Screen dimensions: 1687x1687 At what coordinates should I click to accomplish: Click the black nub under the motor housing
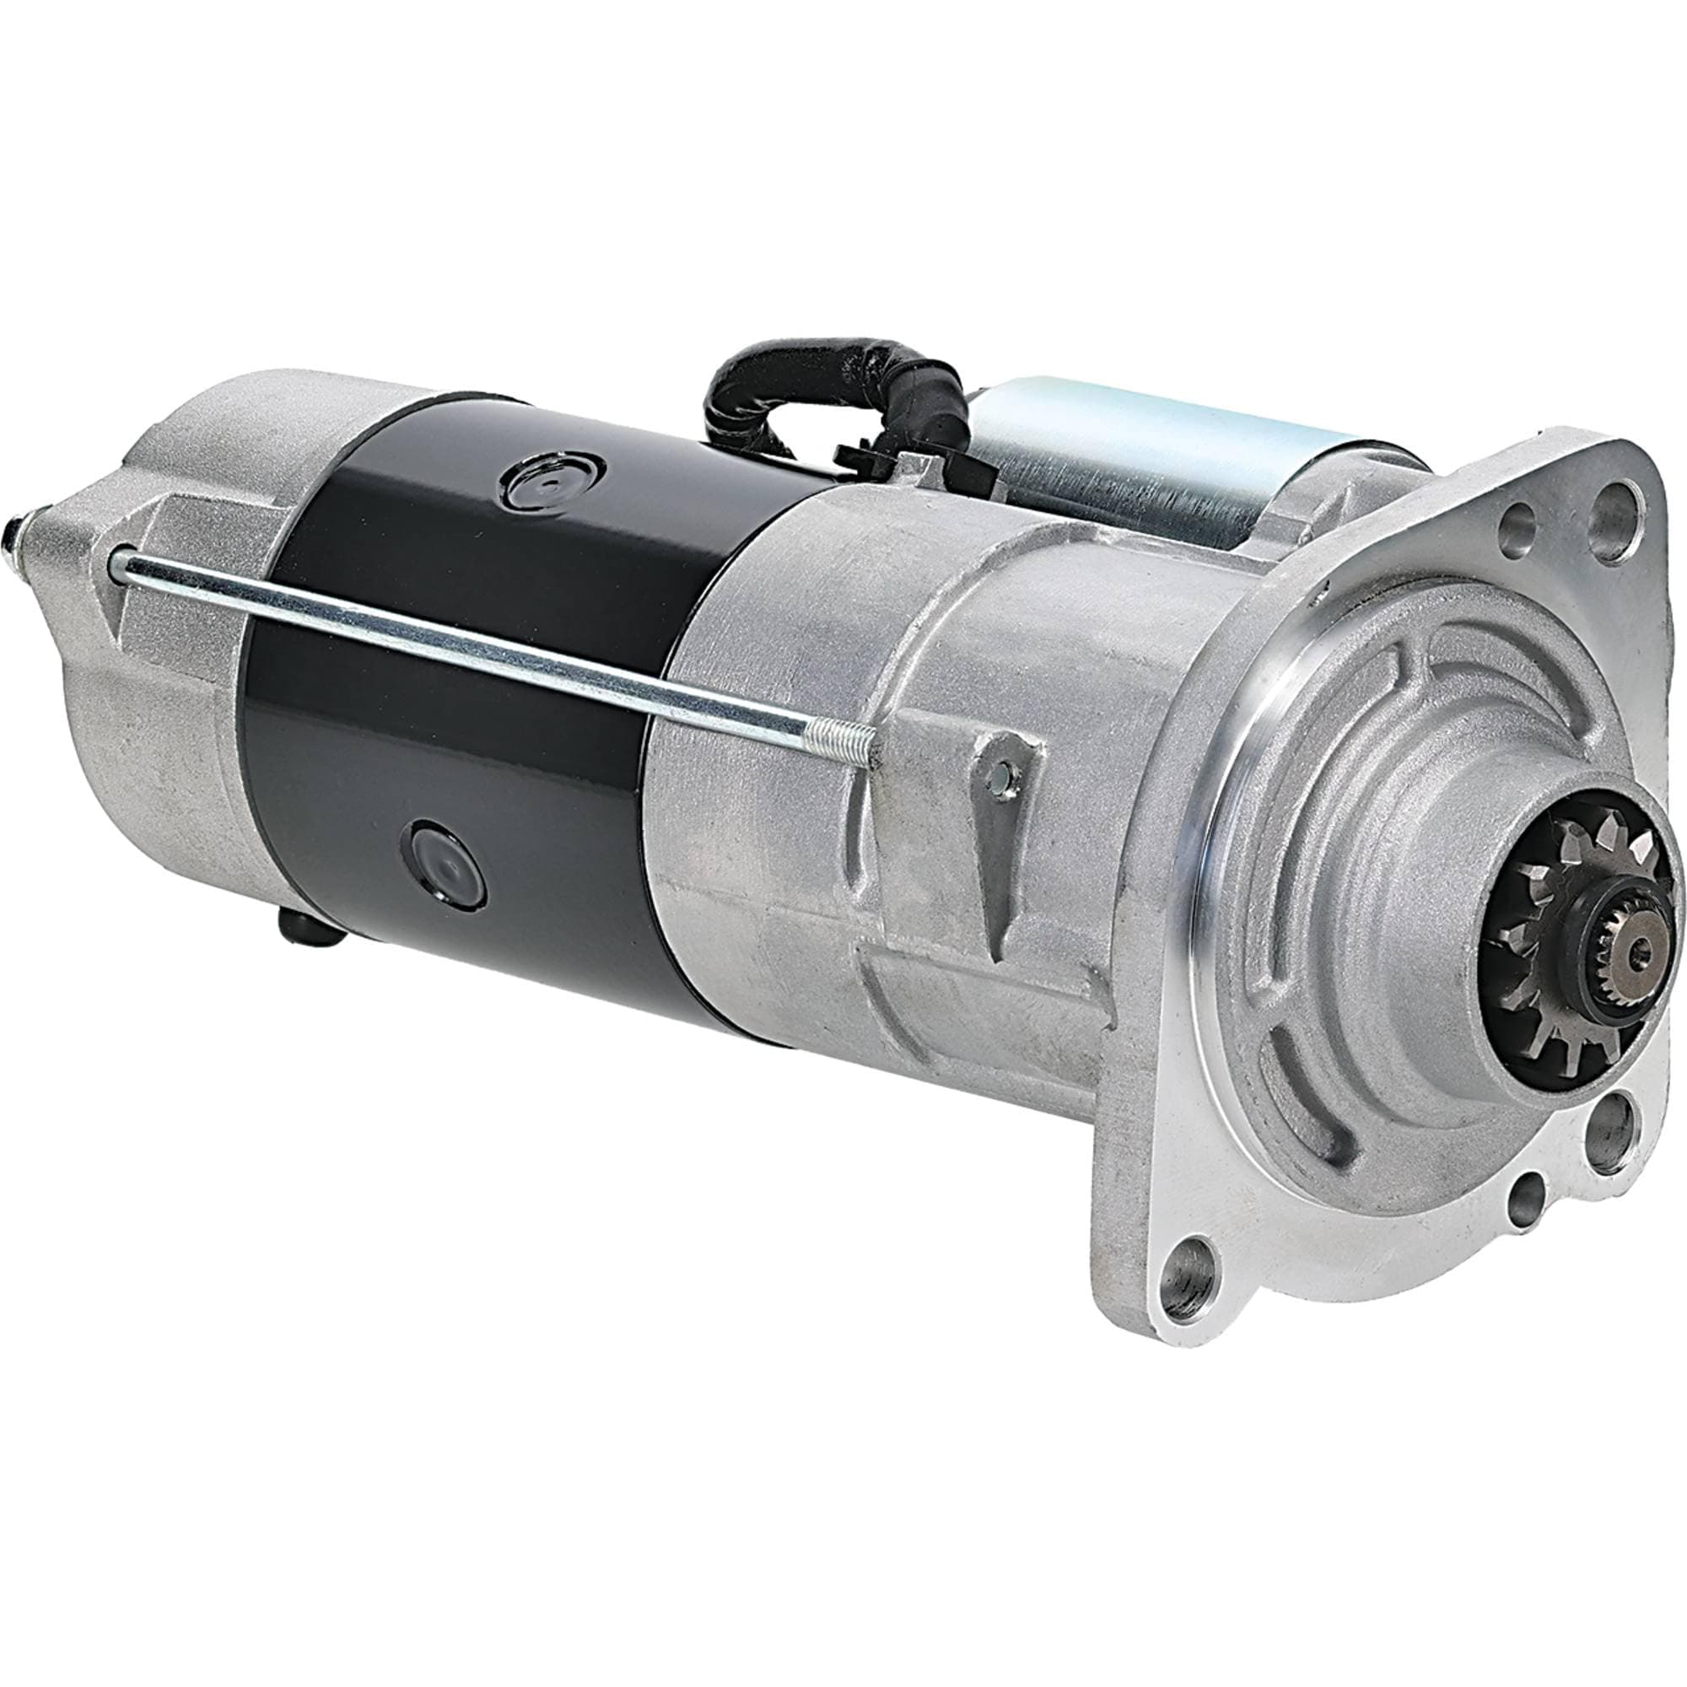pos(307,928)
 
